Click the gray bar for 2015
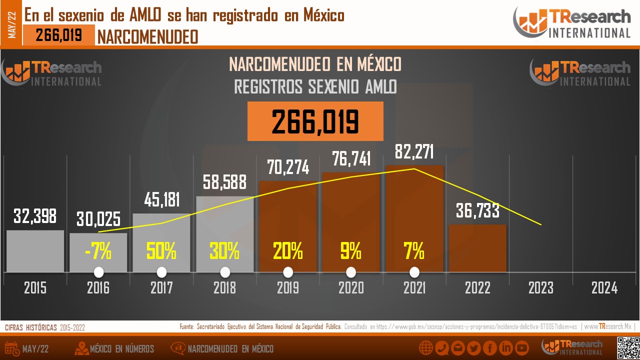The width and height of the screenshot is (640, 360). tap(35, 251)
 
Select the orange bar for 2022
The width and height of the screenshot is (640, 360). tap(477, 248)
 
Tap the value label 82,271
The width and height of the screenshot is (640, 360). tap(414, 152)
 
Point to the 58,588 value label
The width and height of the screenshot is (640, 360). tap(224, 182)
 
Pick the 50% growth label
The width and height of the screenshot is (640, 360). tap(161, 251)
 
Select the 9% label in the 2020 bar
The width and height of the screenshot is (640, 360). tap(350, 251)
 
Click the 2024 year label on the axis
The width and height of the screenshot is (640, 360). tap(604, 288)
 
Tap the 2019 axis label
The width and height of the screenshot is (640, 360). tap(287, 288)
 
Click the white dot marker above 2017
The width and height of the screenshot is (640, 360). tap(161, 272)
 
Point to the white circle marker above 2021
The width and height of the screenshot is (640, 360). tap(414, 272)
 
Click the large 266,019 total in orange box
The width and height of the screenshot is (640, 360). tap(315, 121)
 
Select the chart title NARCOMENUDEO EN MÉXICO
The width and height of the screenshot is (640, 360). tap(315, 64)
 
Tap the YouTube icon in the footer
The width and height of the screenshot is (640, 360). tap(522, 348)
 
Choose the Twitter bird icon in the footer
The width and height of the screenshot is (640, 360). tap(473, 348)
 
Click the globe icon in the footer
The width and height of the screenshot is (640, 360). tap(425, 348)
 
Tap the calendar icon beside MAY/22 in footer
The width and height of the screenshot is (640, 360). tap(12, 348)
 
